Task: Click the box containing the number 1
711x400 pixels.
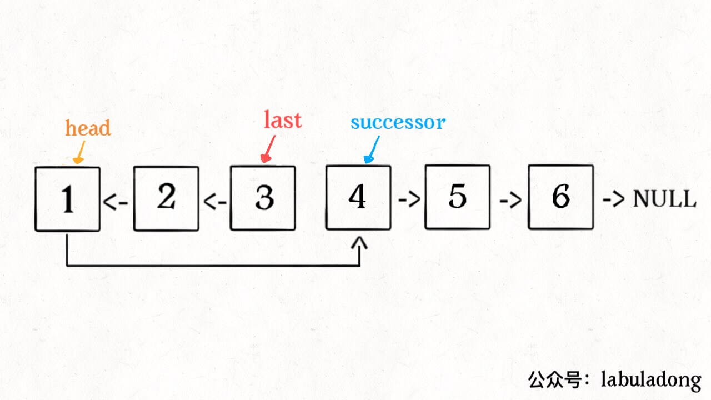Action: pyautogui.click(x=67, y=198)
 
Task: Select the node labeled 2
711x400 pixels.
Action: pyautogui.click(x=166, y=198)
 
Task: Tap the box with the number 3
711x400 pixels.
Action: pyautogui.click(x=263, y=198)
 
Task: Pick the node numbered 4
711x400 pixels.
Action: pyautogui.click(x=358, y=197)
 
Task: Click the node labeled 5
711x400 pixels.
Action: pyautogui.click(x=457, y=197)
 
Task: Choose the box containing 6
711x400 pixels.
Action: pyautogui.click(x=560, y=197)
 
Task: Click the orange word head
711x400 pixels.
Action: pyautogui.click(x=88, y=128)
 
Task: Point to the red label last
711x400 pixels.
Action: pyautogui.click(x=283, y=120)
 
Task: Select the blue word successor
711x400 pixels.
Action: pyautogui.click(x=398, y=122)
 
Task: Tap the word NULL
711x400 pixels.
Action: pyautogui.click(x=664, y=198)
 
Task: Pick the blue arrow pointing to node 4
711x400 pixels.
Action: pyautogui.click(x=371, y=149)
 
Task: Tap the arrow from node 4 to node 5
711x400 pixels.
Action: pyautogui.click(x=408, y=199)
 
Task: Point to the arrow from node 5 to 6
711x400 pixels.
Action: pyautogui.click(x=509, y=199)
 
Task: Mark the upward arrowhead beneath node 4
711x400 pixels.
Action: pyautogui.click(x=360, y=243)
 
